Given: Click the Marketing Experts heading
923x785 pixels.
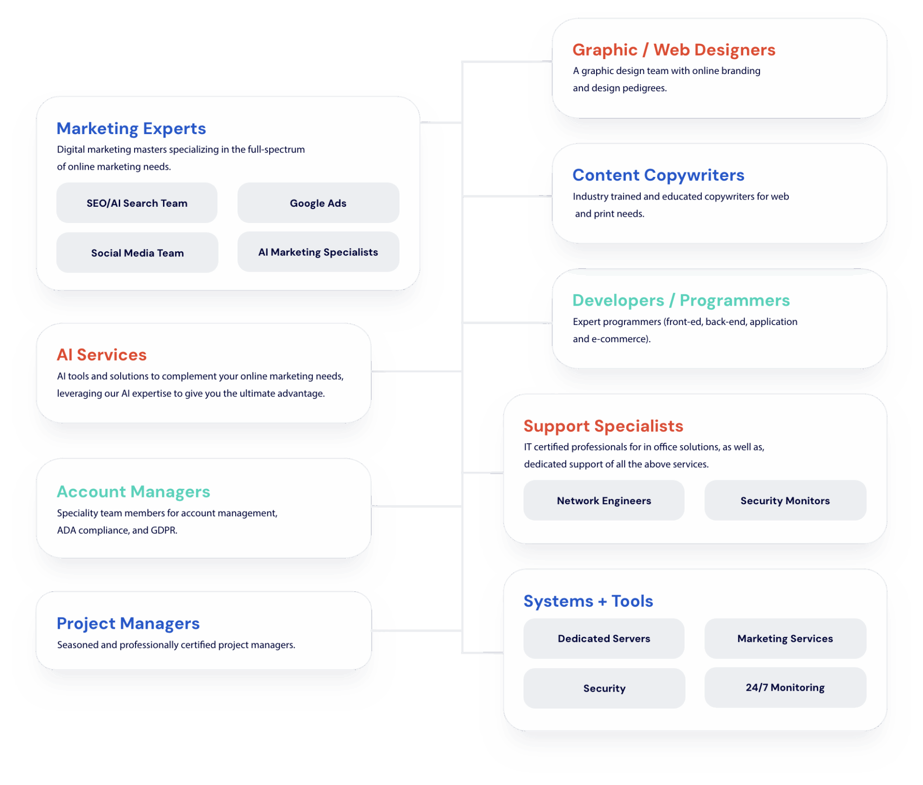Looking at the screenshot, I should [x=131, y=129].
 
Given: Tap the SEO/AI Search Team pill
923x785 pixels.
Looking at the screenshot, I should [x=137, y=203].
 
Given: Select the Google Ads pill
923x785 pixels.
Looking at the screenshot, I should [x=318, y=203].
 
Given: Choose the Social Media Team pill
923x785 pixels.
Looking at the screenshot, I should [x=137, y=253].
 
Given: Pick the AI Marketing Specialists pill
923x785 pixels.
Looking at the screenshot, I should [x=318, y=252].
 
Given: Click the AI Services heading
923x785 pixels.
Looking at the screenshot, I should [x=101, y=355].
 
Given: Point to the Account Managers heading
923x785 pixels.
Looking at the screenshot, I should [x=133, y=492].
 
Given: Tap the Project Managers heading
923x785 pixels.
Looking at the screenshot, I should [x=128, y=623].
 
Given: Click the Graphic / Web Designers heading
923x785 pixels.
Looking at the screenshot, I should [x=674, y=50].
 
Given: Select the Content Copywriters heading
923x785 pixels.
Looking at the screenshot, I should [x=658, y=175].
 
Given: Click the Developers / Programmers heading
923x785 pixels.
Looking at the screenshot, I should [x=681, y=300].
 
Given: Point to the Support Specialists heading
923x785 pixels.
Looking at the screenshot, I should [x=603, y=426].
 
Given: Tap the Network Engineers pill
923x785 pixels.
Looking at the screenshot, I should [x=604, y=500].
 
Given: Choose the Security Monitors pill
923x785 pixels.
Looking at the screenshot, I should [x=785, y=500].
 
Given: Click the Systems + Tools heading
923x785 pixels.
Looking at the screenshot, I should [x=588, y=601].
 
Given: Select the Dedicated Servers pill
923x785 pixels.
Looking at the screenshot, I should [x=604, y=638].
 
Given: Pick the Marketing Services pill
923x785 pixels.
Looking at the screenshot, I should [x=785, y=638].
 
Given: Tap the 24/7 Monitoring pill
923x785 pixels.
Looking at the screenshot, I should [x=785, y=687].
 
